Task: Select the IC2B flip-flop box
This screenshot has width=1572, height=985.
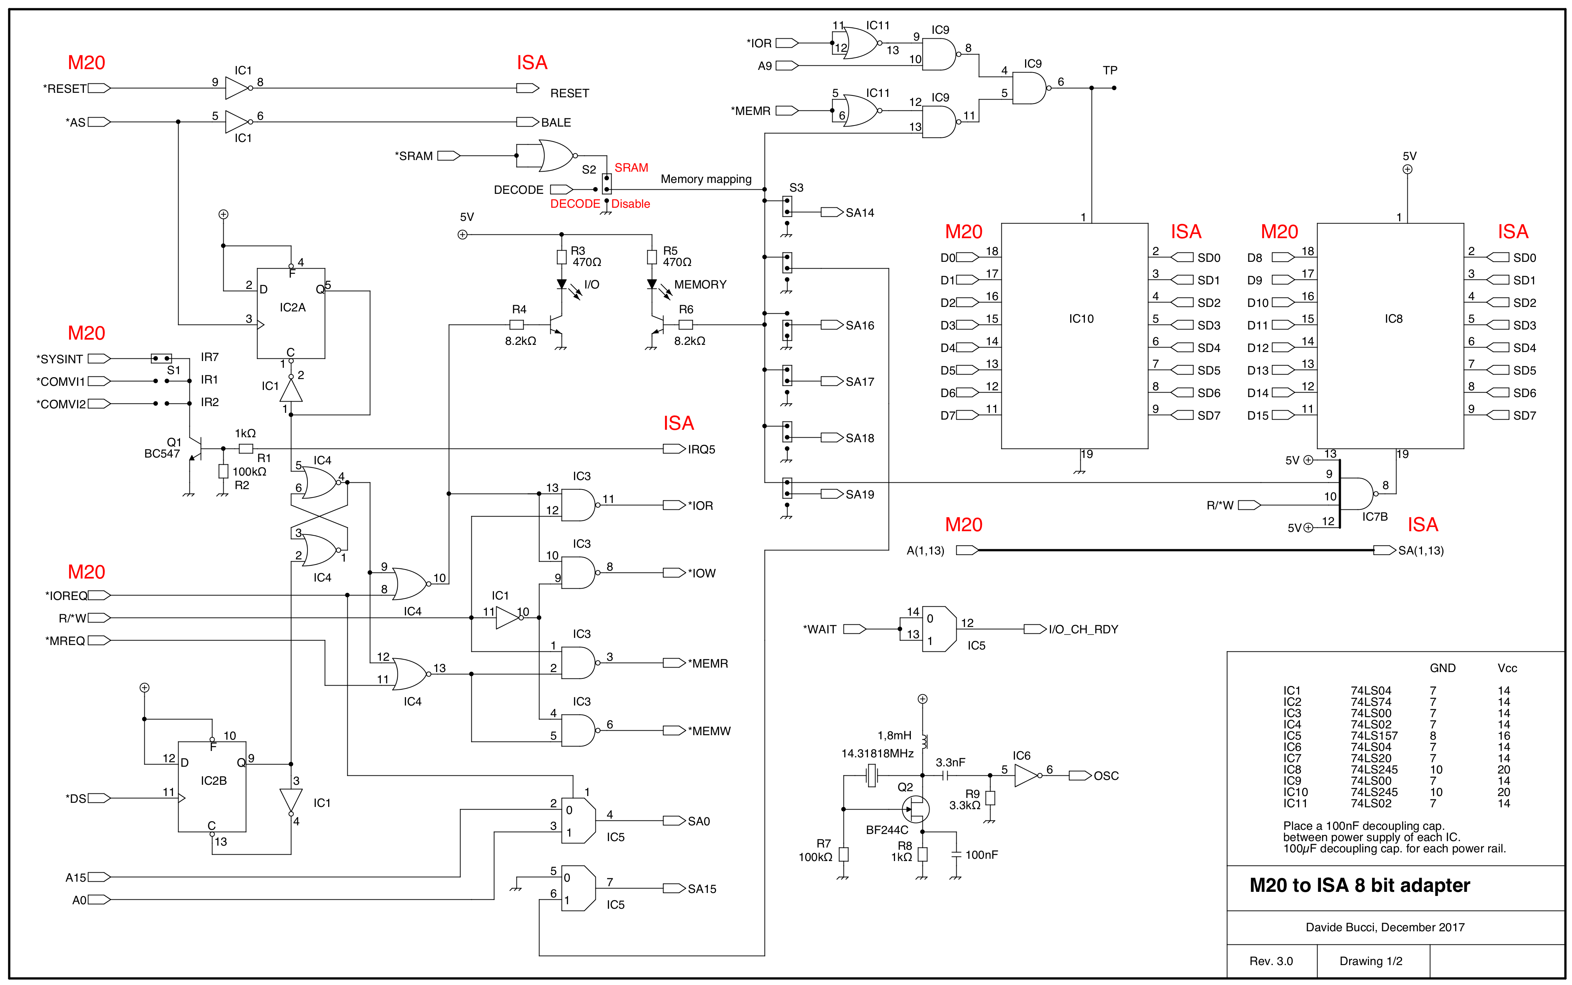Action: pos(212,786)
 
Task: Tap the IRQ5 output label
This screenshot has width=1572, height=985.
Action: pos(701,450)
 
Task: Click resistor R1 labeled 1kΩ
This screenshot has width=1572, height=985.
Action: pos(246,449)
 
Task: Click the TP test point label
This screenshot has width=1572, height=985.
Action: pos(1110,70)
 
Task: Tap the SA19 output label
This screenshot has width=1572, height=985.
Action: pos(860,494)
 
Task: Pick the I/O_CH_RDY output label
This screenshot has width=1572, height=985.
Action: pos(1083,629)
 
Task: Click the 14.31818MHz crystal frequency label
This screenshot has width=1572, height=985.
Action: pos(877,754)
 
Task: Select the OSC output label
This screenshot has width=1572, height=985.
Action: pos(1106,776)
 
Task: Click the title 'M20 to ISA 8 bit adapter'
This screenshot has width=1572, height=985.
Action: pos(1360,885)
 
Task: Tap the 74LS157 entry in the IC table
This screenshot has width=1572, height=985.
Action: pos(1374,736)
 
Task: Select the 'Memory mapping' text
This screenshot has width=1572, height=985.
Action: pos(706,179)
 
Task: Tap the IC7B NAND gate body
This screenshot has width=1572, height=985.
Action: pos(1355,494)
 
